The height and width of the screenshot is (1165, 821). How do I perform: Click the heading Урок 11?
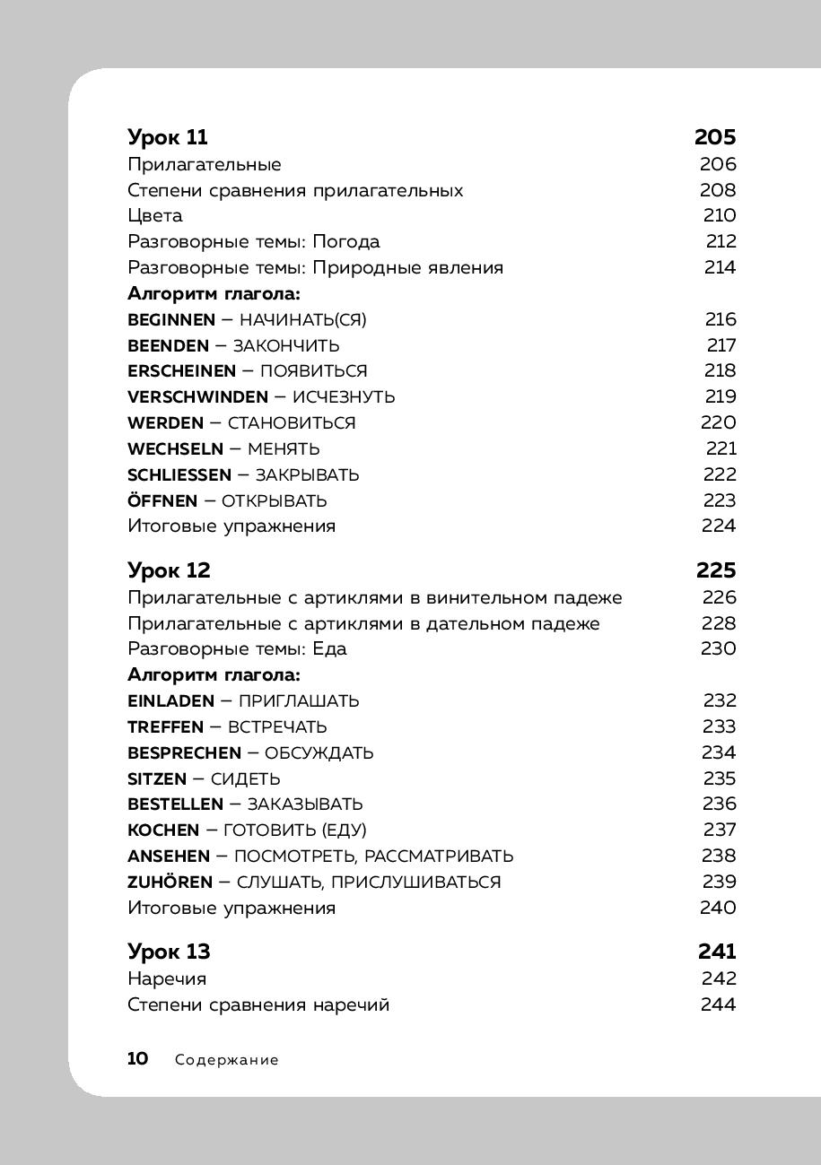point(168,138)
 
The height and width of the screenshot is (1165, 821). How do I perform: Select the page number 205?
point(715,138)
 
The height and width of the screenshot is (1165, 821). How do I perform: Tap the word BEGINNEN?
point(171,320)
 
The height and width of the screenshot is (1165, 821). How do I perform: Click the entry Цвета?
point(155,216)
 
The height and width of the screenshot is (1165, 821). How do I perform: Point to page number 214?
point(720,267)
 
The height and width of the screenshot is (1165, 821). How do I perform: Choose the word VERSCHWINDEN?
point(197,397)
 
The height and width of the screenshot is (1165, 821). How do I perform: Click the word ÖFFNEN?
point(162,500)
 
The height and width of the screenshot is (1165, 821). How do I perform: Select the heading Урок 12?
point(169,571)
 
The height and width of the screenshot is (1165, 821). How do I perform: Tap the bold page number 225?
point(715,571)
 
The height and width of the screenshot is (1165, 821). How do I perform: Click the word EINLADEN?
point(170,701)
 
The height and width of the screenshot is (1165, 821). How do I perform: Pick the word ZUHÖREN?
point(170,882)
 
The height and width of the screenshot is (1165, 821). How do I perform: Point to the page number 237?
point(720,830)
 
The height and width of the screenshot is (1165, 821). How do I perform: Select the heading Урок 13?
point(169,952)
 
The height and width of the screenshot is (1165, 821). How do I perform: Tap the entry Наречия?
point(167,979)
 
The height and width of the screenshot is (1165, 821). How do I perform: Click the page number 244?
point(718,1005)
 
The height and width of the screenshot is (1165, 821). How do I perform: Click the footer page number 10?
point(138,1059)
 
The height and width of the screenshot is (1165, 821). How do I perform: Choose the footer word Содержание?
point(227,1060)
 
